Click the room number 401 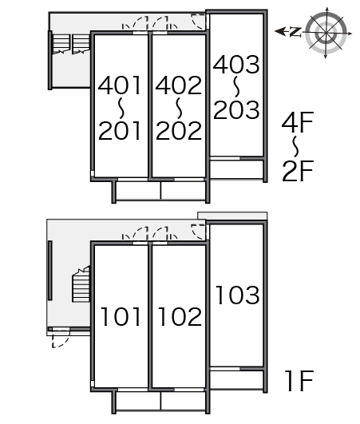[120, 85]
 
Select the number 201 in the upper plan [120, 130]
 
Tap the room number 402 [178, 85]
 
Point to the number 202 [178, 130]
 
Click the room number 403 [236, 65]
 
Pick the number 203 [236, 109]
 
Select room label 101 [121, 316]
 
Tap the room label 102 [180, 316]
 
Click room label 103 [238, 295]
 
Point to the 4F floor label [297, 122]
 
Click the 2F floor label [297, 171]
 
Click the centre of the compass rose [326, 34]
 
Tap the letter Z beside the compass [295, 32]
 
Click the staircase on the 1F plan [81, 284]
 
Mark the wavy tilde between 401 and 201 [121, 108]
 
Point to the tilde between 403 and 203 [236, 86]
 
